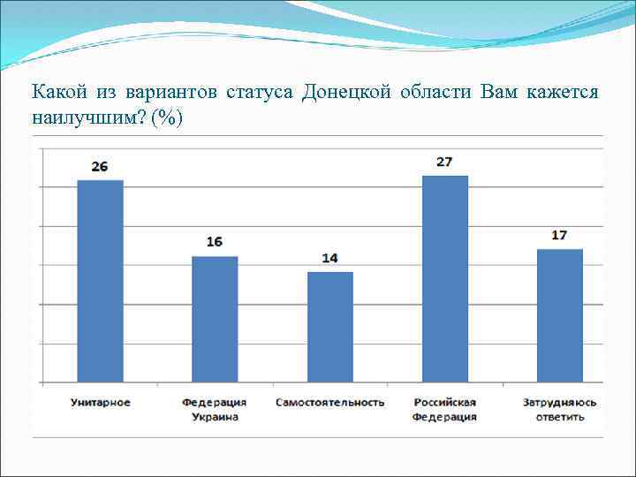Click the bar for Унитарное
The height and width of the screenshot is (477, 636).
pyautogui.click(x=100, y=281)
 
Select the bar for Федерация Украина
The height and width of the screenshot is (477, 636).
pyautogui.click(x=215, y=319)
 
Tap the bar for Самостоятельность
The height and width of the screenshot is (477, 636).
pyautogui.click(x=329, y=327)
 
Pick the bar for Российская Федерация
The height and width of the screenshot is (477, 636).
pyautogui.click(x=445, y=279)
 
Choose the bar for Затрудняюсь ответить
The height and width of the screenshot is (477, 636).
pyautogui.click(x=559, y=315)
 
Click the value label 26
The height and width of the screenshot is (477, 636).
pyautogui.click(x=100, y=166)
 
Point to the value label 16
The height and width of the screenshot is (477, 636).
pyautogui.click(x=215, y=242)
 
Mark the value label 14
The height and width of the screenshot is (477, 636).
pyautogui.click(x=329, y=258)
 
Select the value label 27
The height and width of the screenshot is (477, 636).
pyautogui.click(x=444, y=162)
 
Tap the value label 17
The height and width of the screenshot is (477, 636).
pyautogui.click(x=559, y=235)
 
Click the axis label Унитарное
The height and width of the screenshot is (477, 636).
pyautogui.click(x=100, y=403)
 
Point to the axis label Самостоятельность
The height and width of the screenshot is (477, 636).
pyautogui.click(x=329, y=403)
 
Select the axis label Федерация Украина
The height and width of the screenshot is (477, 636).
pyautogui.click(x=215, y=409)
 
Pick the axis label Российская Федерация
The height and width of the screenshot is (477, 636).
pyautogui.click(x=444, y=409)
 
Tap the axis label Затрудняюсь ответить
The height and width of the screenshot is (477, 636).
pyautogui.click(x=559, y=409)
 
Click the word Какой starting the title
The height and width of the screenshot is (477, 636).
pyautogui.click(x=57, y=93)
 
